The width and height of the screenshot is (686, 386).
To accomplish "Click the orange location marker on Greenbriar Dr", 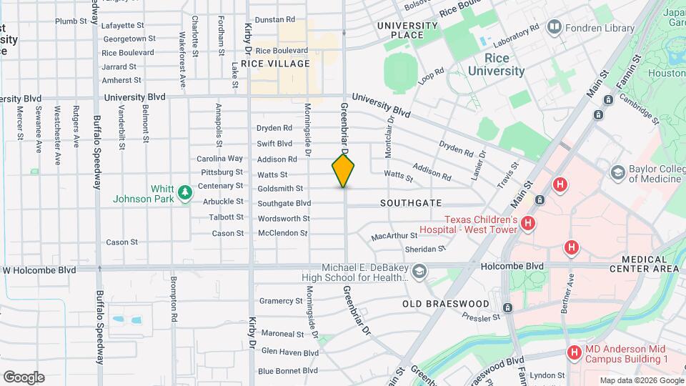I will [343, 171].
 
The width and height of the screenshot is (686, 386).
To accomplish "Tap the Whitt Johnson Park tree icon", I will [185, 192].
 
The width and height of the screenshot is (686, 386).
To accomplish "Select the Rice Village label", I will [276, 64].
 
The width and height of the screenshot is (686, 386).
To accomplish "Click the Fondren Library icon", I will [553, 28].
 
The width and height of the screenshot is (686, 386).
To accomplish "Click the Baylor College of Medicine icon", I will [617, 172].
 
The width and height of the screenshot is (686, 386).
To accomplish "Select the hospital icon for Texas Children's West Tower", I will [527, 224].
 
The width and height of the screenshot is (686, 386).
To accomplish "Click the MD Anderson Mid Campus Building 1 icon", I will [574, 352].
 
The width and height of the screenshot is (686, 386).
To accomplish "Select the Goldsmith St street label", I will [283, 189].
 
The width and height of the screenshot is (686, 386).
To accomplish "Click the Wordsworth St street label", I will [284, 219].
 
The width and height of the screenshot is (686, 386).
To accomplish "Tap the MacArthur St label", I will [394, 236].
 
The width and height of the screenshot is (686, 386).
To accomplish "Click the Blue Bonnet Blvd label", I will [288, 370].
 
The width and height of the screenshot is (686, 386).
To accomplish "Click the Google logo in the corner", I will [23, 377].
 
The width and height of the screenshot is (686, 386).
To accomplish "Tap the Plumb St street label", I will [71, 21].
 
